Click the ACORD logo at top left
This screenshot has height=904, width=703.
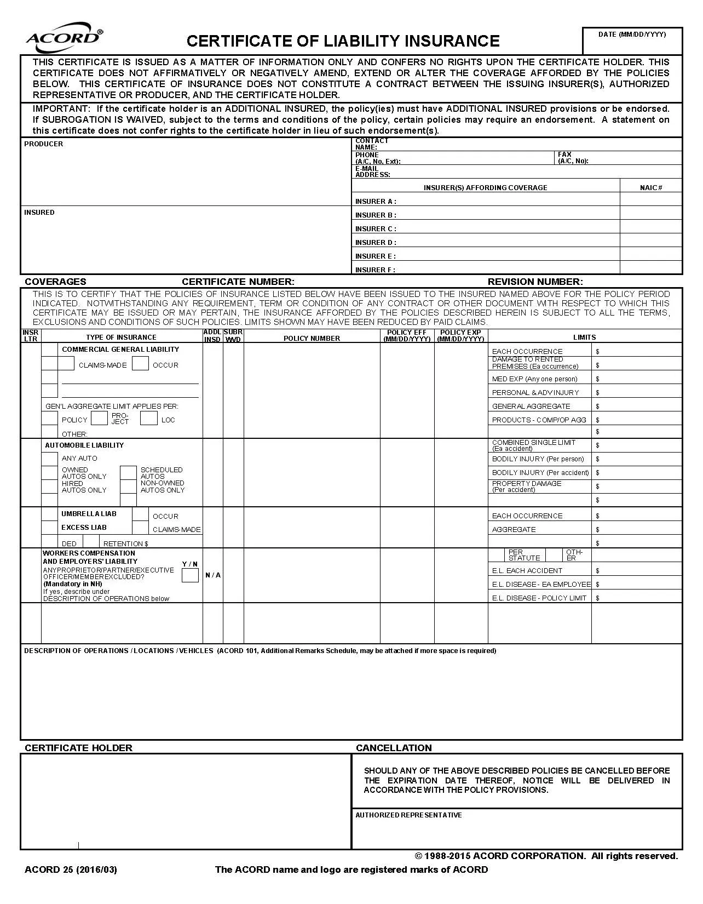[64, 37]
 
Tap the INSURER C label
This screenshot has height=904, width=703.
[376, 229]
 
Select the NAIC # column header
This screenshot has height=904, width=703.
[651, 188]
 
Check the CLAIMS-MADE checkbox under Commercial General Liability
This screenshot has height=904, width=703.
[66, 364]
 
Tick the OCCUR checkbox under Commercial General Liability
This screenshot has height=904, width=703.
[141, 364]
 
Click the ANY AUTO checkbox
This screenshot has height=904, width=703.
[50, 459]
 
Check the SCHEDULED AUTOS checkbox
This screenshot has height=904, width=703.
[128, 473]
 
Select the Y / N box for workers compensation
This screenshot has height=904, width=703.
[190, 575]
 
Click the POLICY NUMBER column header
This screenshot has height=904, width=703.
[312, 339]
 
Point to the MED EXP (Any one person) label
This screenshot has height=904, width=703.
[534, 379]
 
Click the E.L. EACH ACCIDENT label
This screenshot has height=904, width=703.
[527, 571]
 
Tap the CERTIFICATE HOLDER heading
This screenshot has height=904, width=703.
[78, 748]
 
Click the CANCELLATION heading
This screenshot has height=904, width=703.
[394, 748]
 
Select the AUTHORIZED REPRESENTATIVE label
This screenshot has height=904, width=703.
[408, 815]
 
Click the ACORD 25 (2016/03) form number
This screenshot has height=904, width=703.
[71, 870]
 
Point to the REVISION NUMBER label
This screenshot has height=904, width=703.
[535, 282]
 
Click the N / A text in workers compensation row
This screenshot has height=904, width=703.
[213, 575]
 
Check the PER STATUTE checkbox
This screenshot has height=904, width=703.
[497, 555]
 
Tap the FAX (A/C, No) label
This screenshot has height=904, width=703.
[573, 158]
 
